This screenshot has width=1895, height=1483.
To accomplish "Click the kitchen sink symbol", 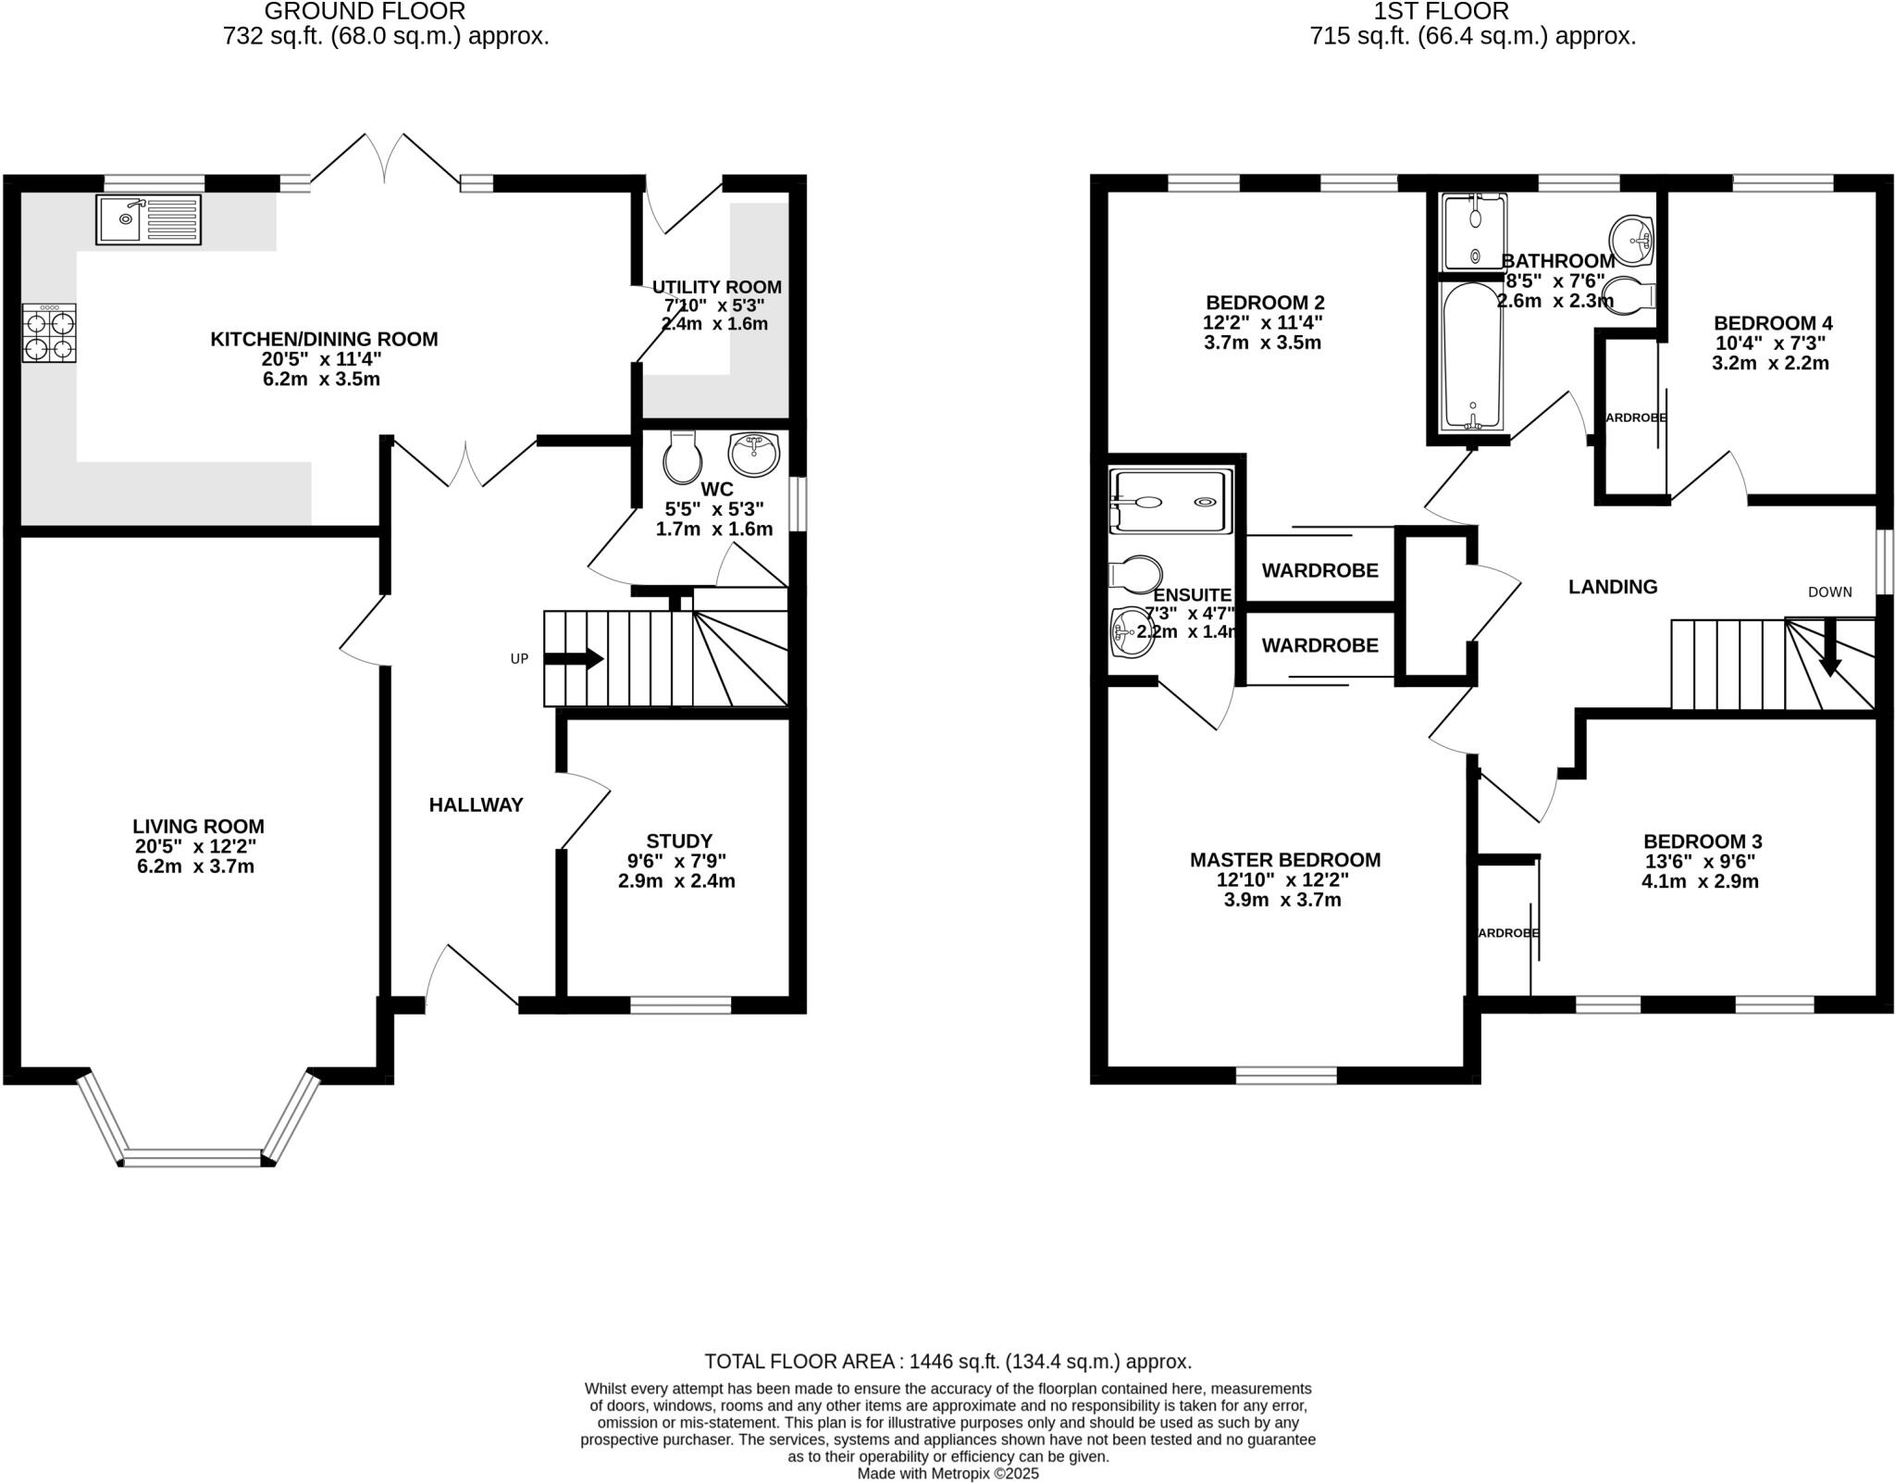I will [148, 219].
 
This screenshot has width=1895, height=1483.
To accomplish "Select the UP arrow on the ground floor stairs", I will [574, 659].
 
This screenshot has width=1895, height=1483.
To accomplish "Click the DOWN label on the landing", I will [1829, 592].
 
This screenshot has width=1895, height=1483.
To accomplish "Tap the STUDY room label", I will [678, 841].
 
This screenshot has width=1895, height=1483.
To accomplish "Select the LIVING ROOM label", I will [198, 826].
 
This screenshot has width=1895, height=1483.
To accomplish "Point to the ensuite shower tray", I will [1172, 502].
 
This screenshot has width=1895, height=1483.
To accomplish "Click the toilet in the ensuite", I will [1135, 575].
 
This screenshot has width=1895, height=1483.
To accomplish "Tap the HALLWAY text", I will [476, 805].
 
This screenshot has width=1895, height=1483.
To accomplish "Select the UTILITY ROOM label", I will [716, 287].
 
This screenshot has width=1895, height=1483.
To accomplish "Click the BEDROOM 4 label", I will [1772, 323].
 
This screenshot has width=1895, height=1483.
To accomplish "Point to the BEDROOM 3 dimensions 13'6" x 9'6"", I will [1701, 861].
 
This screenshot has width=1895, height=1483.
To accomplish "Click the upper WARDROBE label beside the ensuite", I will [1319, 570].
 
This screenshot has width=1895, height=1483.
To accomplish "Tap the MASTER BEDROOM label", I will [1284, 860].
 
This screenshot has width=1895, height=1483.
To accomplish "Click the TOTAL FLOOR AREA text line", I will [947, 1361].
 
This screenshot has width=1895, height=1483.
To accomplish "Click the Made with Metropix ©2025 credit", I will [947, 1473].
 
